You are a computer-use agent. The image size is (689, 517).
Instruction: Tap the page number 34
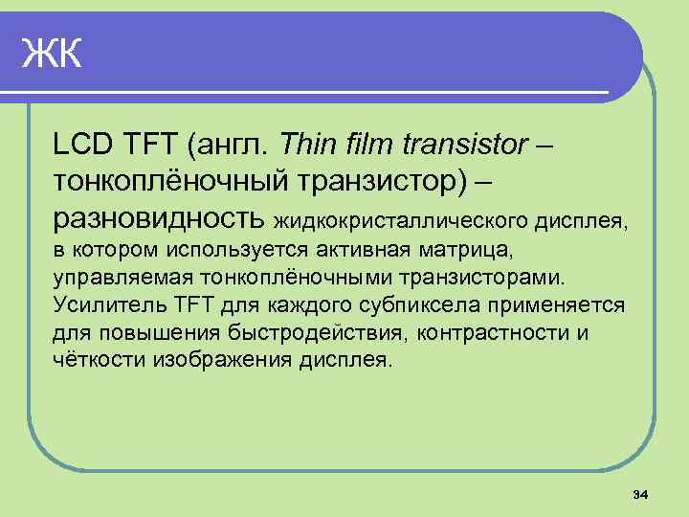(x=641, y=494)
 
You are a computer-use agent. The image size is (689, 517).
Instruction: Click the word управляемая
(x=122, y=280)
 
